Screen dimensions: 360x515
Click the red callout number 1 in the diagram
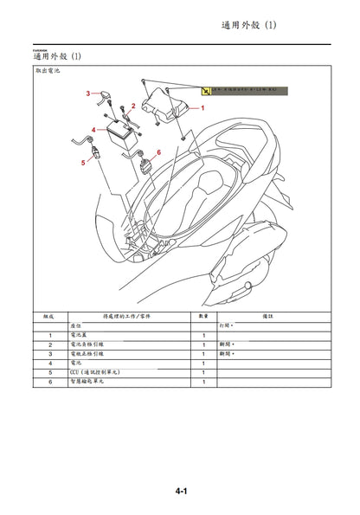pyautogui.click(x=202, y=109)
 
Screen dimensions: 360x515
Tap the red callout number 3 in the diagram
pyautogui.click(x=87, y=93)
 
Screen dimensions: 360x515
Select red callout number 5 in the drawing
pyautogui.click(x=82, y=161)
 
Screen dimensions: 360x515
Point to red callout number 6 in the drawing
pyautogui.click(x=159, y=152)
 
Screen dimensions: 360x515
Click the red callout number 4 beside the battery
pyautogui.click(x=93, y=130)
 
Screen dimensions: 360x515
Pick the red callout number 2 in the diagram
pyautogui.click(x=133, y=105)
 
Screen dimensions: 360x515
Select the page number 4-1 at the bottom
pyautogui.click(x=181, y=492)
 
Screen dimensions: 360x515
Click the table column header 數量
pyautogui.click(x=204, y=317)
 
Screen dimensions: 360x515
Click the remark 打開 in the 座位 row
pyautogui.click(x=225, y=325)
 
